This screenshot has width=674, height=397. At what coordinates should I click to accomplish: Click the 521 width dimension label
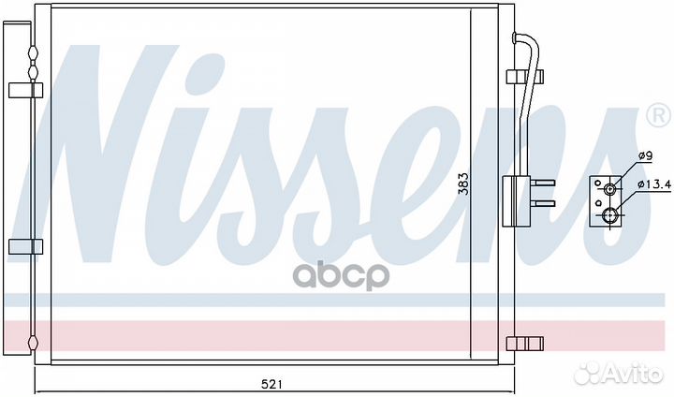pyautogui.click(x=271, y=384)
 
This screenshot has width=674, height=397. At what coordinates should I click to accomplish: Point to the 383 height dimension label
pyautogui.click(x=463, y=184)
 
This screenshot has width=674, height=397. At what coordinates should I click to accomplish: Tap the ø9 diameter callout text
pyautogui.click(x=645, y=155)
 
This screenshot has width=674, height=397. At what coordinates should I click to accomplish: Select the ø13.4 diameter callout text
pyautogui.click(x=654, y=184)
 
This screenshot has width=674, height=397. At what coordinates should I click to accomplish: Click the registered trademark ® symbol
pyautogui.click(x=658, y=115)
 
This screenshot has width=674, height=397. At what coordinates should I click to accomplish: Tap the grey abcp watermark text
pyautogui.click(x=341, y=275)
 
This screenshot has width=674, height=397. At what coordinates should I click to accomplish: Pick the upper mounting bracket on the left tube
pyautogui.click(x=26, y=91)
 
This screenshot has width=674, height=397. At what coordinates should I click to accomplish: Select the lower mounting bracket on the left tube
pyautogui.click(x=26, y=246)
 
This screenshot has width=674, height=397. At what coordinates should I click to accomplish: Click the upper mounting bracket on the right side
pyautogui.click(x=525, y=76)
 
